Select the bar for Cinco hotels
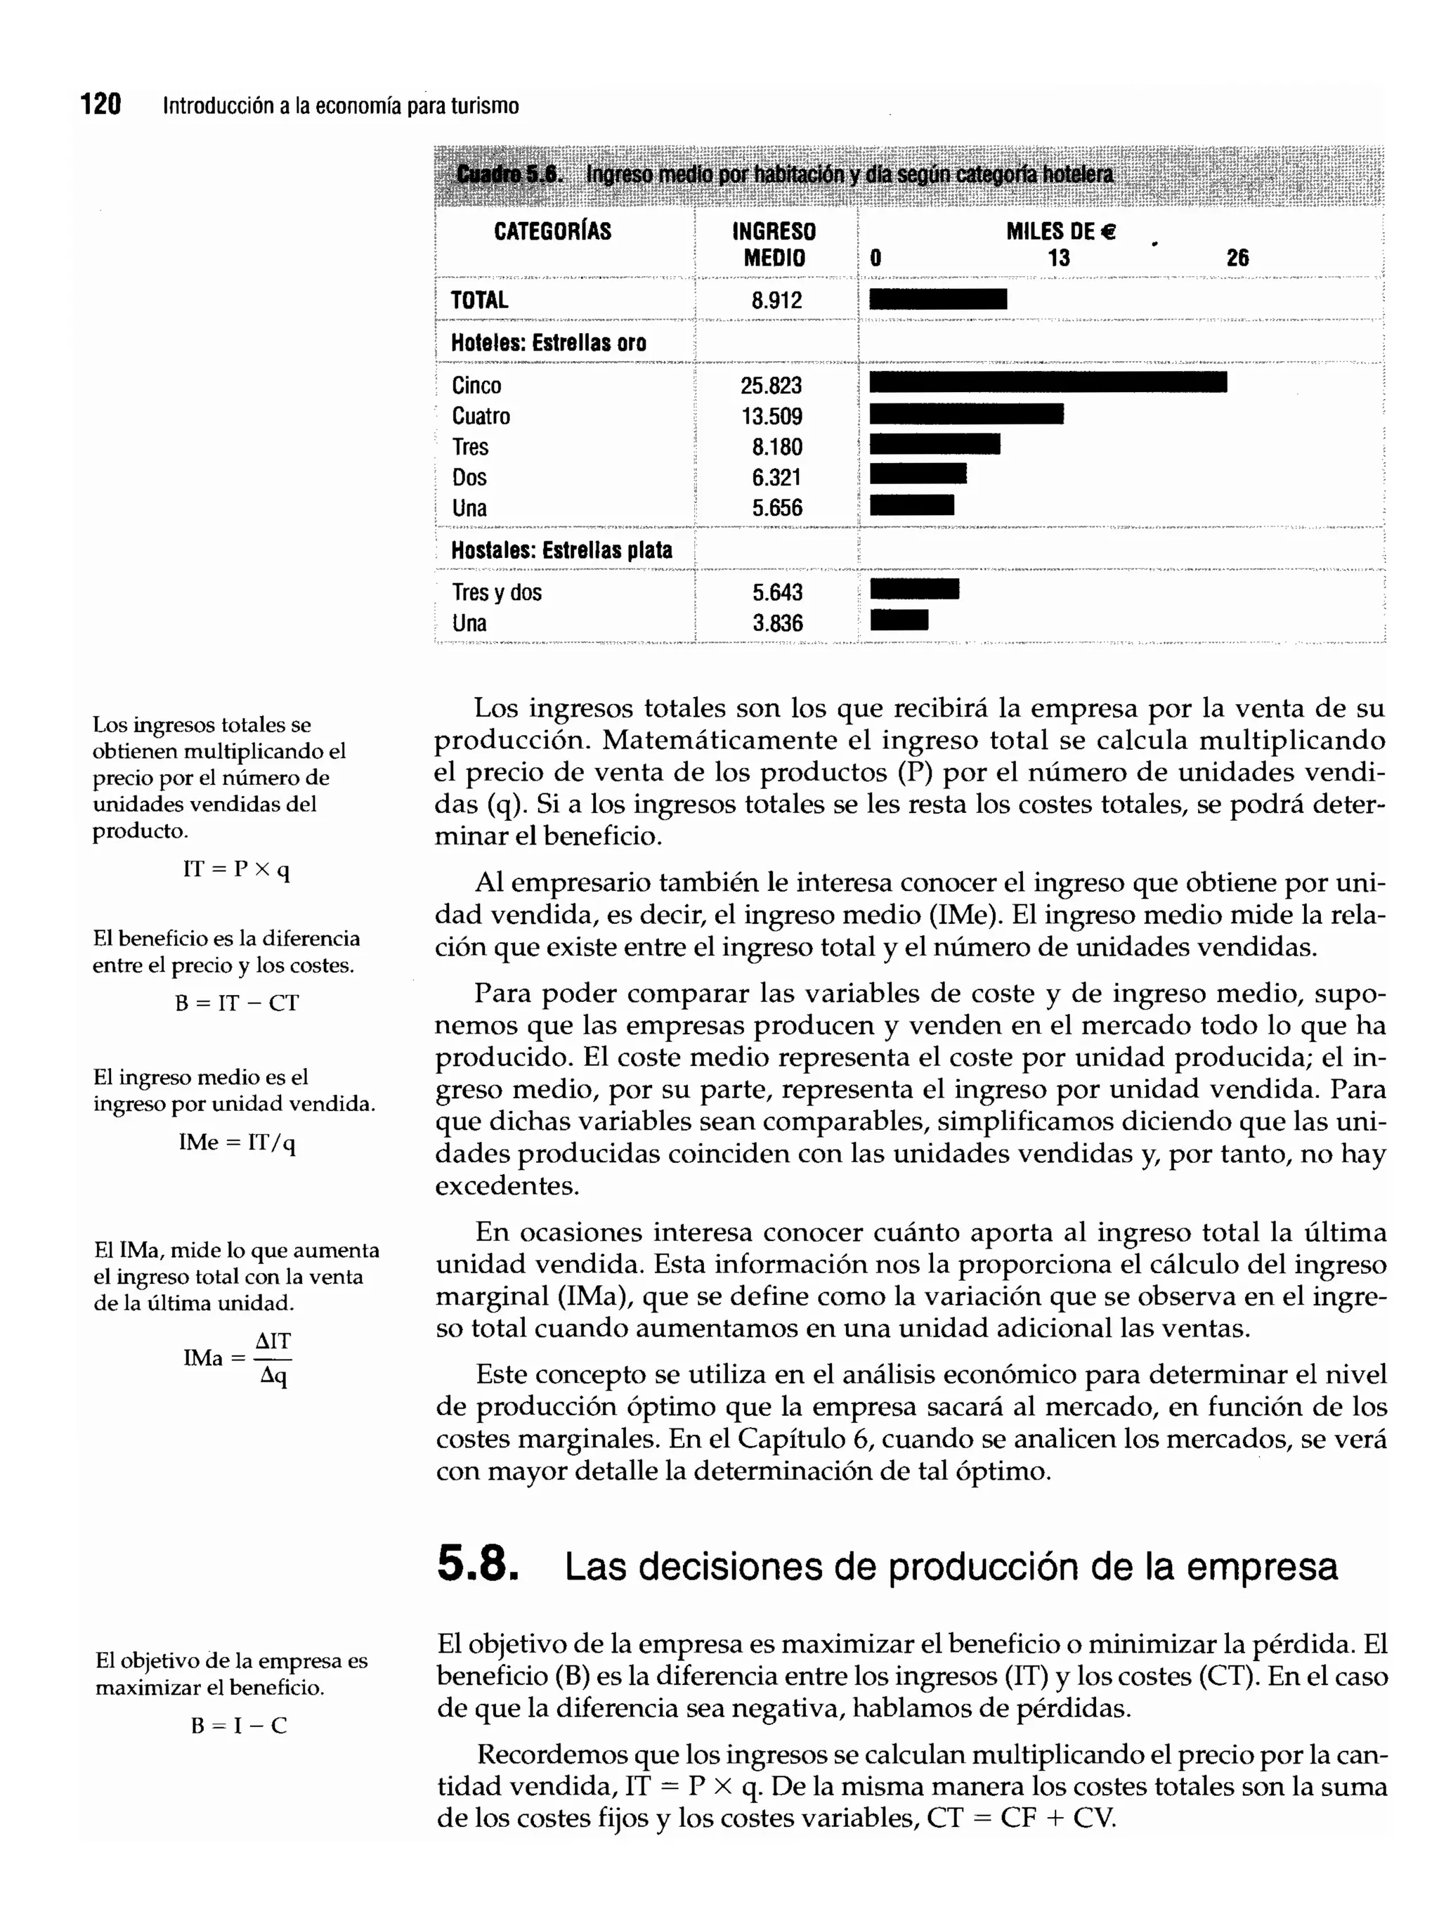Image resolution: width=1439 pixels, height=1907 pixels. tap(1047, 382)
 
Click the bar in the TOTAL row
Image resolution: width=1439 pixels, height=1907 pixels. tap(937, 299)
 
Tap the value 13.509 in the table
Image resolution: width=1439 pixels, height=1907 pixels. tap(771, 417)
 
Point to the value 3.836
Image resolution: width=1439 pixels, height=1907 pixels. tap(777, 623)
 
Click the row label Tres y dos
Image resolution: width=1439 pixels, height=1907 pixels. tap(497, 592)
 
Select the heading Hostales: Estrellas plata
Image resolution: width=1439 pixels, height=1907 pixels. tap(561, 550)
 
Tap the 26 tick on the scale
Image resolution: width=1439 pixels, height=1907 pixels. tap(1237, 258)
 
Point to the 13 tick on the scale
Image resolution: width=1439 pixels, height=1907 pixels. tap(1058, 258)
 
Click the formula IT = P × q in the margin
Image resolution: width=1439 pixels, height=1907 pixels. tap(236, 869)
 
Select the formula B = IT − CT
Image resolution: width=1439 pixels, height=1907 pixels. tap(236, 1003)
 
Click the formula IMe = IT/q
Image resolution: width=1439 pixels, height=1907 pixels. tap(236, 1143)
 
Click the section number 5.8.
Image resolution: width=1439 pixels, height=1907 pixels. tap(477, 1565)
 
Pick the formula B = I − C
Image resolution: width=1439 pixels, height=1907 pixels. tap(239, 1725)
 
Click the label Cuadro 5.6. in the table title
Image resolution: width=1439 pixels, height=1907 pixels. tap(509, 174)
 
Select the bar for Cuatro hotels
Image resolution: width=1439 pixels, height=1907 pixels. tap(965, 414)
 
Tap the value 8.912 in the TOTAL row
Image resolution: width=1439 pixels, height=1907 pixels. tap(776, 300)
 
